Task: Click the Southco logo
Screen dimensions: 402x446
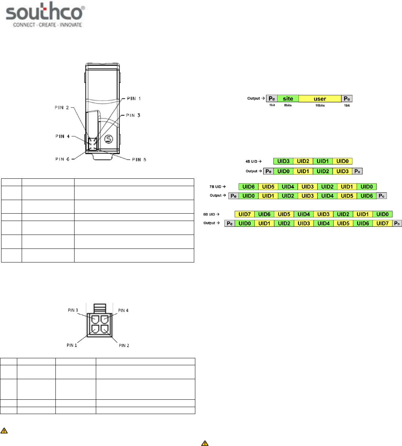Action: (46, 14)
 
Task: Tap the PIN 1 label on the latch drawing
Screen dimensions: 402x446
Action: (134, 98)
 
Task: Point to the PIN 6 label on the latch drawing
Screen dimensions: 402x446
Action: (62, 159)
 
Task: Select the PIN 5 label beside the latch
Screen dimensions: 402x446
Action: (139, 160)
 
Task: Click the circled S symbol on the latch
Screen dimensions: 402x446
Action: (109, 139)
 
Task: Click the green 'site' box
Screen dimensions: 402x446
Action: (288, 98)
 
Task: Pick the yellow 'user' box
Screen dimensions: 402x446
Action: (320, 98)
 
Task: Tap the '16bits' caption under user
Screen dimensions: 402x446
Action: (320, 105)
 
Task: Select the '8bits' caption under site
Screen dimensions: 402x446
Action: (288, 105)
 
